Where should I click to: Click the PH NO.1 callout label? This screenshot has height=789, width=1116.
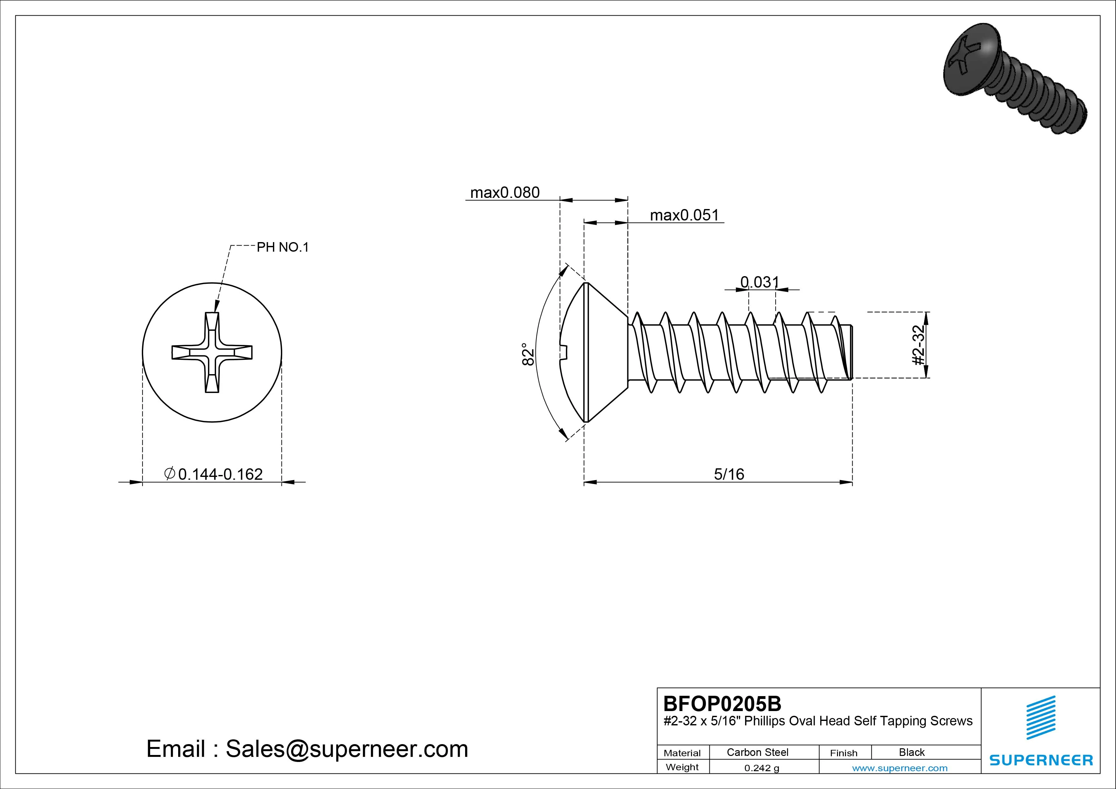click(282, 248)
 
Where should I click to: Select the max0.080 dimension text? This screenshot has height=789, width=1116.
click(505, 193)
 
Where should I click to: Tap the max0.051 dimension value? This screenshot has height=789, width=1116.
click(684, 215)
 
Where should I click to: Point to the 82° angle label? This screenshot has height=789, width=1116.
click(528, 353)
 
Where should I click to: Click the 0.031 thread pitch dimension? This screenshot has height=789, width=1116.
click(759, 282)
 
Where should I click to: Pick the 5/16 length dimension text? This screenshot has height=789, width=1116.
click(729, 474)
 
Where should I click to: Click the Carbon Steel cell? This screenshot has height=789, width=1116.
click(757, 752)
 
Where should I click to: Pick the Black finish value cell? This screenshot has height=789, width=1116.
click(911, 752)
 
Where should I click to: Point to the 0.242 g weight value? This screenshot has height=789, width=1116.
click(761, 768)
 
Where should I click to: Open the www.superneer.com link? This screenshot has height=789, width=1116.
click(900, 768)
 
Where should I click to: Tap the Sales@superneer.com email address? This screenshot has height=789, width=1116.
click(346, 749)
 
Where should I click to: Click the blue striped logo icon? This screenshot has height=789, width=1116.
click(1040, 717)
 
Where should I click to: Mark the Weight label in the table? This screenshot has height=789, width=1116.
click(682, 767)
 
